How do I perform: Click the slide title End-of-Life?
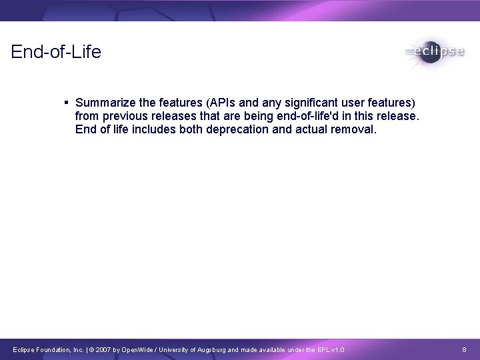pos(56,51)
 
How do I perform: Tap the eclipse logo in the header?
pos(434,52)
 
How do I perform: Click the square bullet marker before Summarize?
pos(67,103)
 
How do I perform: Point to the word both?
pos(191,129)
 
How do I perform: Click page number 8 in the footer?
pos(464,349)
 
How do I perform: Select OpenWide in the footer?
pos(136,349)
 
